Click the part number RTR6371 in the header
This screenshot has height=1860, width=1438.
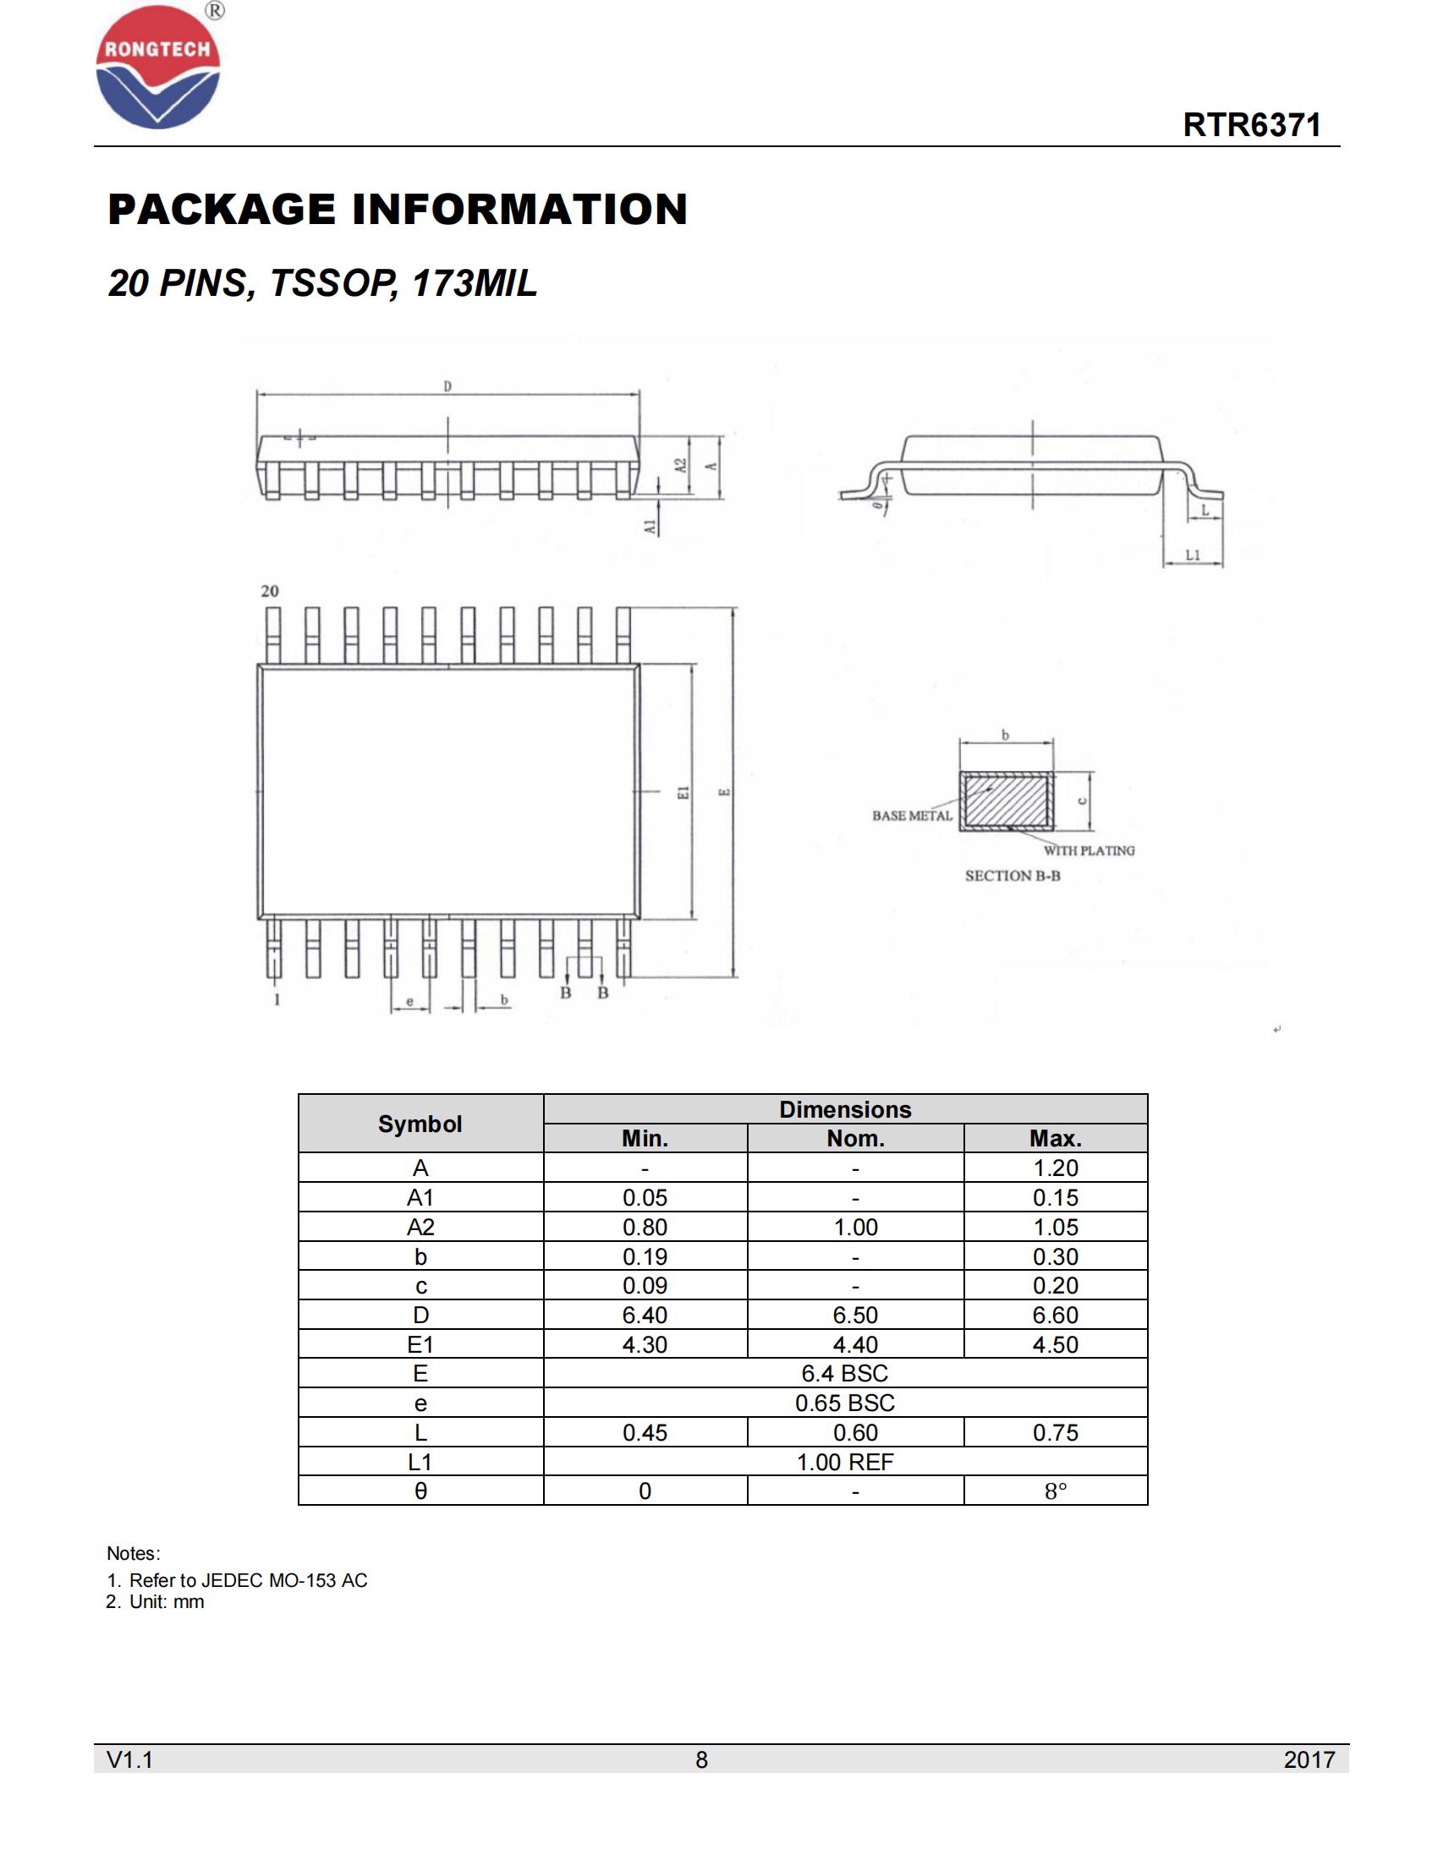[x=1251, y=125]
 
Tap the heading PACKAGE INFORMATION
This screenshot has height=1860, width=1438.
[x=397, y=210]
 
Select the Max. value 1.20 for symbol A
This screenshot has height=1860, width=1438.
[x=1055, y=1168]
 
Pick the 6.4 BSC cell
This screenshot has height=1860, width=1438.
[x=844, y=1373]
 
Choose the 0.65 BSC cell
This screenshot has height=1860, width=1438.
[x=844, y=1403]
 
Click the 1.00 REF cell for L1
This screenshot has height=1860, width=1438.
[x=844, y=1462]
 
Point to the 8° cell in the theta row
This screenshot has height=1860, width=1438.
[x=1055, y=1491]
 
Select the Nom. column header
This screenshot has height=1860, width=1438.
[x=855, y=1139]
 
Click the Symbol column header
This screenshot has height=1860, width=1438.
[x=420, y=1124]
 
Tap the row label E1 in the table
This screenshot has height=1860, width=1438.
[x=420, y=1344]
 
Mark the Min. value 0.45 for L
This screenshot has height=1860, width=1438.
[x=645, y=1432]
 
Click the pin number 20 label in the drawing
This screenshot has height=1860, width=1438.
[x=269, y=591]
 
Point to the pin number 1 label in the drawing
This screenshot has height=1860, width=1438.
[x=277, y=1000]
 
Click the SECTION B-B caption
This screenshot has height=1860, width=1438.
[x=1012, y=876]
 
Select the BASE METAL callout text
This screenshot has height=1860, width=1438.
[x=912, y=816]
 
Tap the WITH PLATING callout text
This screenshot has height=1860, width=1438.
[x=1089, y=851]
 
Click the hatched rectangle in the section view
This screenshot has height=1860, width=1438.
[x=1006, y=801]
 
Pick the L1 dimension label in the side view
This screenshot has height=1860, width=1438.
[x=1193, y=555]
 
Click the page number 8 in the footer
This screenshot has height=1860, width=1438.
[x=701, y=1759]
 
